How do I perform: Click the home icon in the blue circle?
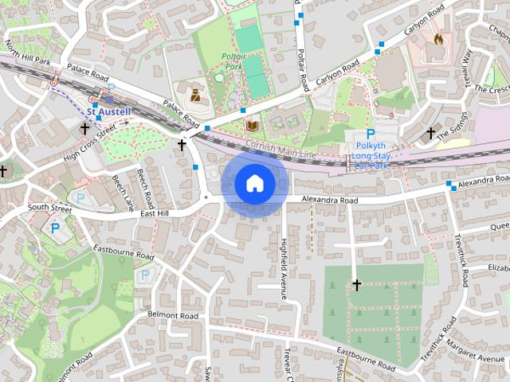pyautogui.click(x=255, y=184)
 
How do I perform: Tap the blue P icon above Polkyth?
pyautogui.click(x=371, y=134)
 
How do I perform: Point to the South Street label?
pyautogui.click(x=49, y=207)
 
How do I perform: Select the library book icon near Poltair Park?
pyautogui.click(x=253, y=126)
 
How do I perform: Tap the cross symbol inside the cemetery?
pyautogui.click(x=357, y=284)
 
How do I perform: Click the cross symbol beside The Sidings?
pyautogui.click(x=431, y=132)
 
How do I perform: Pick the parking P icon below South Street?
pyautogui.click(x=55, y=228)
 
